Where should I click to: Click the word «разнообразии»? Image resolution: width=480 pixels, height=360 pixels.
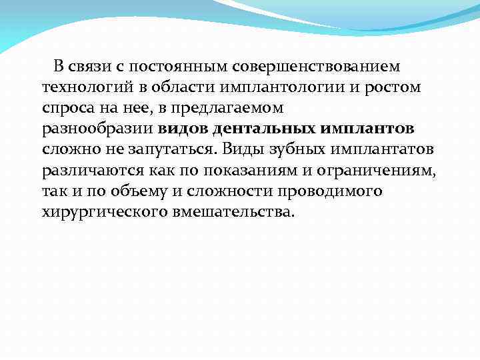point(98,129)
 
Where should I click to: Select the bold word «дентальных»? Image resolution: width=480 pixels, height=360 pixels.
point(265,129)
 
